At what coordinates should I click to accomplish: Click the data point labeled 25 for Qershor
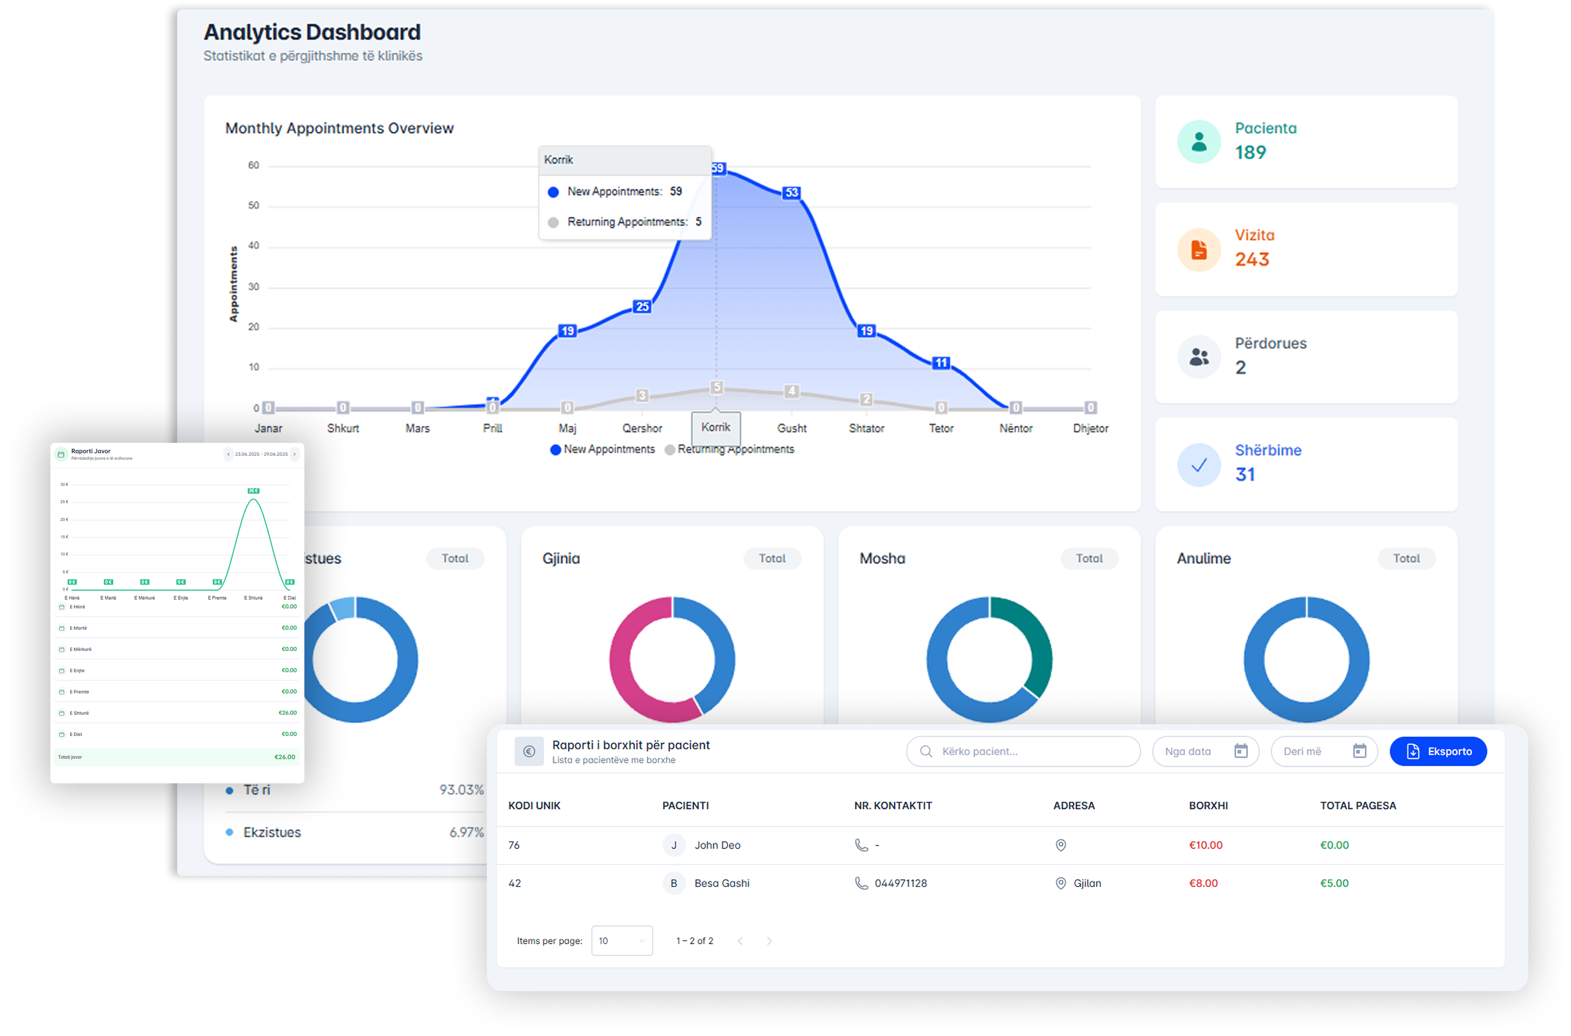pyautogui.click(x=642, y=307)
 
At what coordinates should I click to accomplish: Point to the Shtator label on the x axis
pyautogui.click(x=866, y=428)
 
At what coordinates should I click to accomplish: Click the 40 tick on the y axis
pyautogui.click(x=254, y=246)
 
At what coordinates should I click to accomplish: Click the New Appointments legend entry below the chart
pyautogui.click(x=603, y=449)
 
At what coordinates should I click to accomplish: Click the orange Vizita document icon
pyautogui.click(x=1198, y=250)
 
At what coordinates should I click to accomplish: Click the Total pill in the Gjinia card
pyautogui.click(x=772, y=558)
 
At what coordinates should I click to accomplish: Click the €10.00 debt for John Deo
pyautogui.click(x=1206, y=845)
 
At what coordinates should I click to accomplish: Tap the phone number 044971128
pyautogui.click(x=900, y=883)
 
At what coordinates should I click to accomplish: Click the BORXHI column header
pyautogui.click(x=1208, y=805)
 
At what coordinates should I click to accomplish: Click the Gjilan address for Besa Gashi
pyautogui.click(x=1087, y=883)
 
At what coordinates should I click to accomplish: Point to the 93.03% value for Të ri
pyautogui.click(x=461, y=790)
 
